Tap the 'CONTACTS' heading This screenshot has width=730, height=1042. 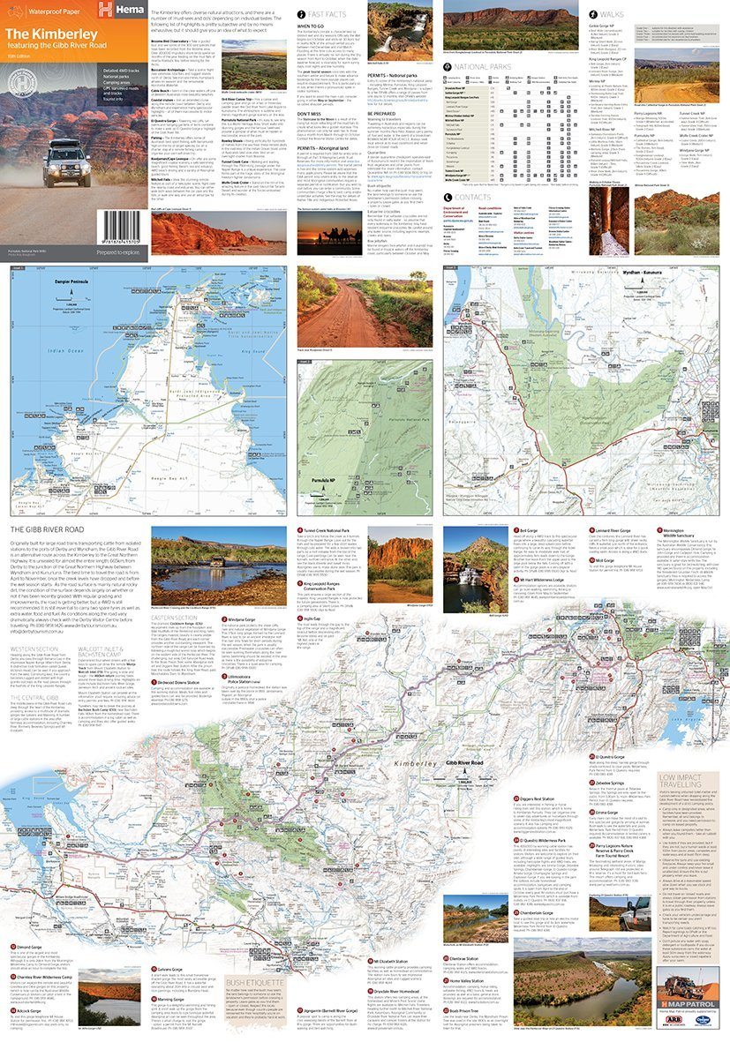point(471,197)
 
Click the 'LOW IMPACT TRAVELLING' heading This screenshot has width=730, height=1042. point(682,782)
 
